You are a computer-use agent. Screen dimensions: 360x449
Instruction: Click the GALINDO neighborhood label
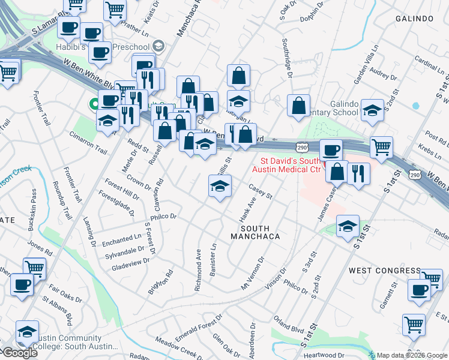pos(414,19)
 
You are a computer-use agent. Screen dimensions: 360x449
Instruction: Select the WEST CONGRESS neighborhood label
pos(385,271)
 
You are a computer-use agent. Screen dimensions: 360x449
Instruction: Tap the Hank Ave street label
pos(244,210)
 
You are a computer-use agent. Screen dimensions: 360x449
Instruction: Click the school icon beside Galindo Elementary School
pos(372,110)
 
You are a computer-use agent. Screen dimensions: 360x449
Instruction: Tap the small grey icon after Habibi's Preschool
pos(158,46)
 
